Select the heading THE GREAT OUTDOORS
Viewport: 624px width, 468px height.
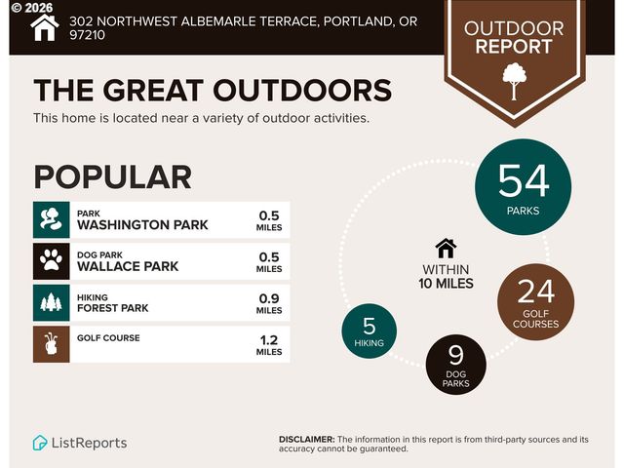[x=213, y=90]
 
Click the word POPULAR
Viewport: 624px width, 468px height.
[x=112, y=176]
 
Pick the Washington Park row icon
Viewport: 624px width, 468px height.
[x=51, y=219]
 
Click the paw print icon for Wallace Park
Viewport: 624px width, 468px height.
[x=51, y=261]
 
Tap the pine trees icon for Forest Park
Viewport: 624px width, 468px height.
[x=51, y=303]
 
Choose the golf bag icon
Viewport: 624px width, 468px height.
[x=51, y=345]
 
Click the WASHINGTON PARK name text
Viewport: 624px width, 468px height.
[x=142, y=225]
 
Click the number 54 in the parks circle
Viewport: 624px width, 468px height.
[x=524, y=180]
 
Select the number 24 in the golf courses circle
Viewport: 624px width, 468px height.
[x=535, y=292]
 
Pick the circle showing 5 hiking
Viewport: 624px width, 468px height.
[x=370, y=332]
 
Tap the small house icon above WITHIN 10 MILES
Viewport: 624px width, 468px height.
[x=446, y=248]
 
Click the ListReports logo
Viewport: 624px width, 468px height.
[x=79, y=443]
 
